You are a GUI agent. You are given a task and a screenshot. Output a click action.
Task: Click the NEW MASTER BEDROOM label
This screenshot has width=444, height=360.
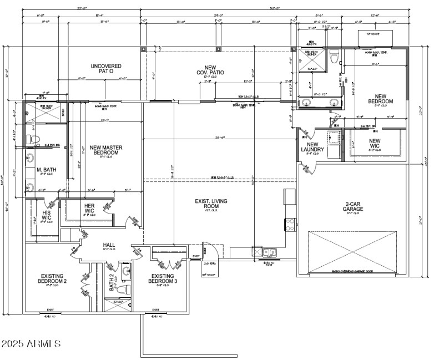point(106,150)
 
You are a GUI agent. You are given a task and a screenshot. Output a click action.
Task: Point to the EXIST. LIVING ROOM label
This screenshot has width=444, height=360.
point(218,204)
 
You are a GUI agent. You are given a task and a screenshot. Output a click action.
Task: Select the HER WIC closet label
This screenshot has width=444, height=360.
point(89,209)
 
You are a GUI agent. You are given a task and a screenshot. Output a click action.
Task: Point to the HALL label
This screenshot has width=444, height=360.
point(109,245)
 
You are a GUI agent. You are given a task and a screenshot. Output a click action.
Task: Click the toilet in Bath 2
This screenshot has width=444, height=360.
point(125,288)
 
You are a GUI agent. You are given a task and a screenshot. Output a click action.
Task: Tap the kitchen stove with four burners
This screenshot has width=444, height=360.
point(290,225)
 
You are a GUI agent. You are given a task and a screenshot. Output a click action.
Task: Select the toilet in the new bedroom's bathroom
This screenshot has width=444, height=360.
point(334,57)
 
